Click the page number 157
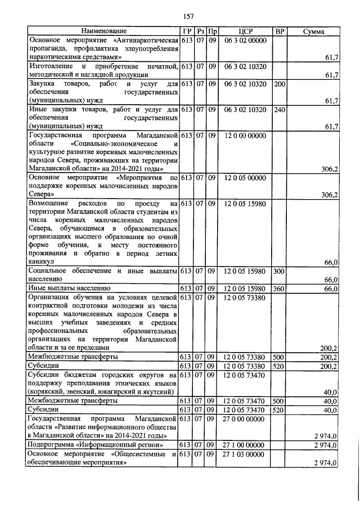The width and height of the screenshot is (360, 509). click(188, 16)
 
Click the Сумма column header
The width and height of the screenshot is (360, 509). click(313, 31)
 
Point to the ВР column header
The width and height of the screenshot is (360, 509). click(279, 31)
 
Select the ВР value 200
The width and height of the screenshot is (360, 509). click(279, 84)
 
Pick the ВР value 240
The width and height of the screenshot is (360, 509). click(279, 110)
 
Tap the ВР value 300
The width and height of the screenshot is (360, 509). click(279, 271)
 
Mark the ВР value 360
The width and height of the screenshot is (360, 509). click(279, 289)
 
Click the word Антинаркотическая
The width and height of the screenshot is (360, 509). click(146, 40)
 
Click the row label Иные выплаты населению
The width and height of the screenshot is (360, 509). click(65, 289)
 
